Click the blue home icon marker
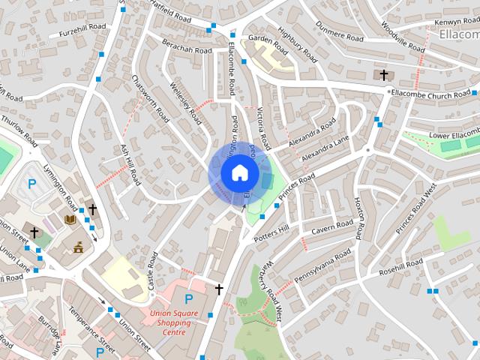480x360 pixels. tap(238, 173)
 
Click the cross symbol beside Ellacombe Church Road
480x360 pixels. tap(385, 75)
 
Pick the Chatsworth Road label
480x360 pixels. tap(149, 98)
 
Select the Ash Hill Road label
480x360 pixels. tap(130, 166)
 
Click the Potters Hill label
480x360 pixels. tap(271, 233)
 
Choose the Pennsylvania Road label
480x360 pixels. tap(322, 268)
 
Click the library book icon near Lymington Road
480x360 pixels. tap(70, 220)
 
